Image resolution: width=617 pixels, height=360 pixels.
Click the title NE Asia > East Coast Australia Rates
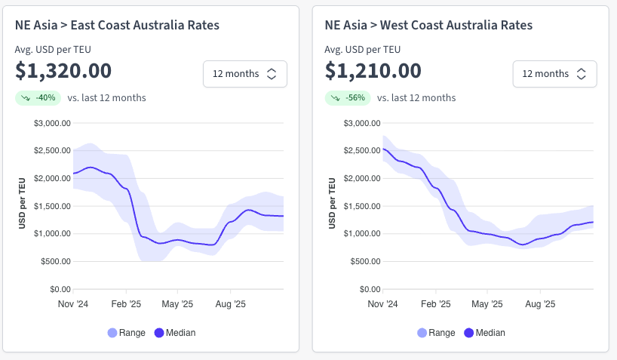117,25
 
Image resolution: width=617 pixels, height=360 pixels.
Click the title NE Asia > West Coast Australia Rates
429,25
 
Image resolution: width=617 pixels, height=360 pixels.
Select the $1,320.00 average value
63,71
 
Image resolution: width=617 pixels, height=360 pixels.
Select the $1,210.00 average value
373,71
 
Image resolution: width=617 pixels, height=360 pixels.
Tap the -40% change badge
38,97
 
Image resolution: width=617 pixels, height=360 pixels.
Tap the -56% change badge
348,97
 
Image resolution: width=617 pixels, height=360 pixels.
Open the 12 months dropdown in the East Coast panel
244,74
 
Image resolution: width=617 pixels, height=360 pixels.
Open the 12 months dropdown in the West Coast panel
554,74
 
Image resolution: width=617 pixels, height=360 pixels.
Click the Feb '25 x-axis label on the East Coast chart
126,304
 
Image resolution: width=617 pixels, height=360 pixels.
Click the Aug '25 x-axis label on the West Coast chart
540,304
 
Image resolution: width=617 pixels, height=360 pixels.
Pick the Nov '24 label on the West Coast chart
383,304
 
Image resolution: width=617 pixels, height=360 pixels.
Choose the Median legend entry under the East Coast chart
175,333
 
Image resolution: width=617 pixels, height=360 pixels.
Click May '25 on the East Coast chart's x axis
178,304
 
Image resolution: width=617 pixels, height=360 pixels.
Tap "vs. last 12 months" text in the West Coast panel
416,98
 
